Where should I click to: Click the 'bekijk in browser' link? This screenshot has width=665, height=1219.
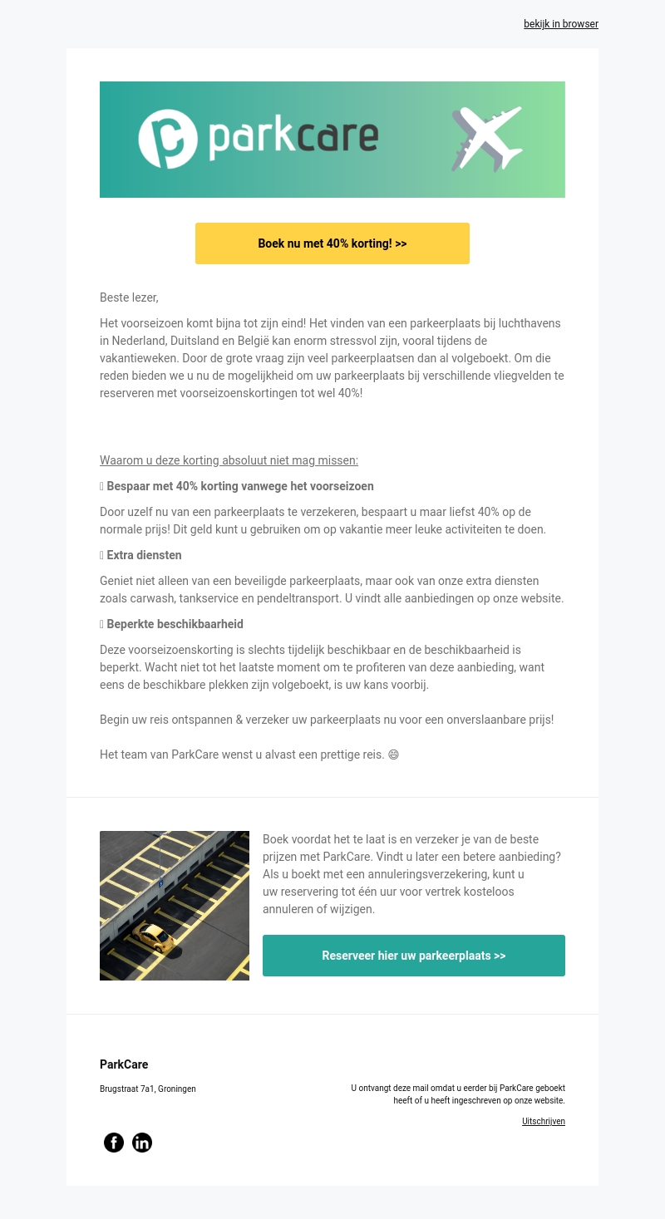tap(560, 24)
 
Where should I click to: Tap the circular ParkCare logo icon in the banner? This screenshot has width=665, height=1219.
tap(168, 139)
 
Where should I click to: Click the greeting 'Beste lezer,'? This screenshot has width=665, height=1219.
tap(129, 297)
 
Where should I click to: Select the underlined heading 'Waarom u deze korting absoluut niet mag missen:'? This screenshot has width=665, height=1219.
tap(229, 460)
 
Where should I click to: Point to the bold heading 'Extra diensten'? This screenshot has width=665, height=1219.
tap(144, 555)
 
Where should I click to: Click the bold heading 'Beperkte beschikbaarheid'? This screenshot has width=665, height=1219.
tap(175, 624)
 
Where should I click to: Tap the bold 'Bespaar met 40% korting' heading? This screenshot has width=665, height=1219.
tap(239, 486)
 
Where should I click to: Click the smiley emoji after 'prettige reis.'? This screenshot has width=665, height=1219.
tap(393, 755)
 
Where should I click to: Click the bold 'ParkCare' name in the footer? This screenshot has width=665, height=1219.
tap(124, 1064)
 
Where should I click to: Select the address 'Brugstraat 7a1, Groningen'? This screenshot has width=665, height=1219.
tap(148, 1089)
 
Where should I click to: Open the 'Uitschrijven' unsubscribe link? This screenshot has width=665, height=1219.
tap(544, 1122)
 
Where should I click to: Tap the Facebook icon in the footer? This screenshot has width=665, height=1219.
tap(114, 1143)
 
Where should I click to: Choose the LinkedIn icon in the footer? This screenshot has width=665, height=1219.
tap(142, 1143)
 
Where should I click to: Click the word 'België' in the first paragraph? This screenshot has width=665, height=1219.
tap(282, 340)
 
